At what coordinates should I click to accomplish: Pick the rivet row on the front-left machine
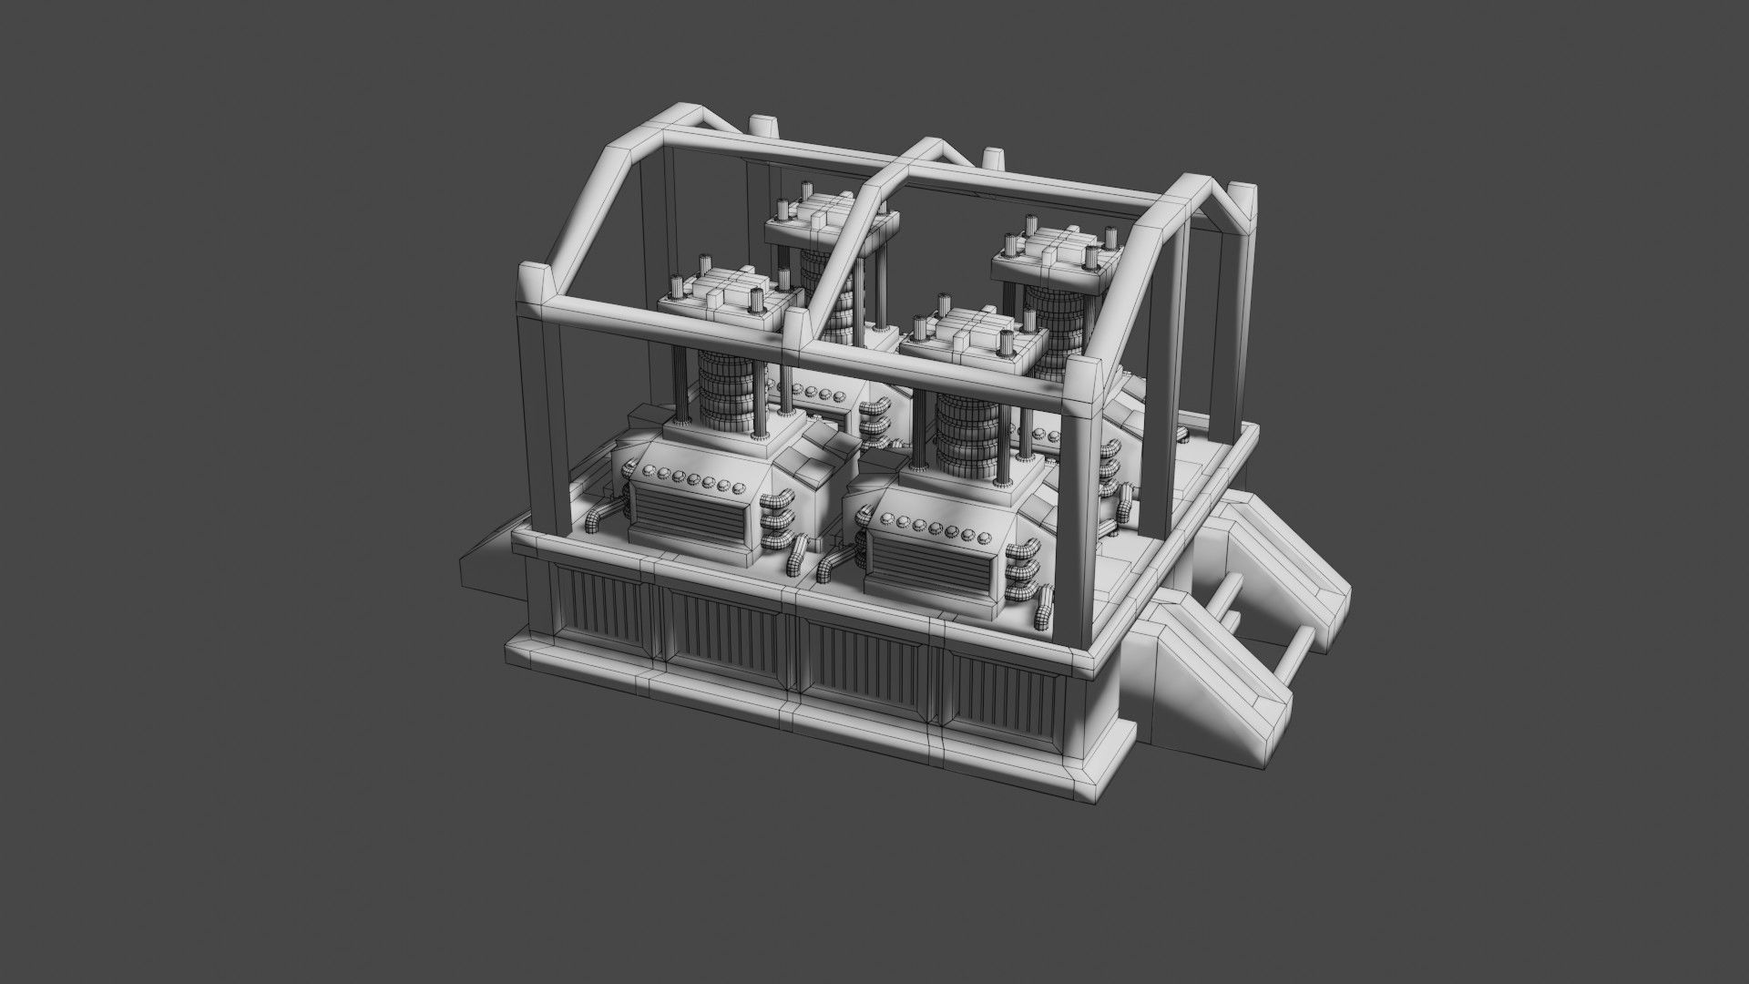click(x=692, y=477)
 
